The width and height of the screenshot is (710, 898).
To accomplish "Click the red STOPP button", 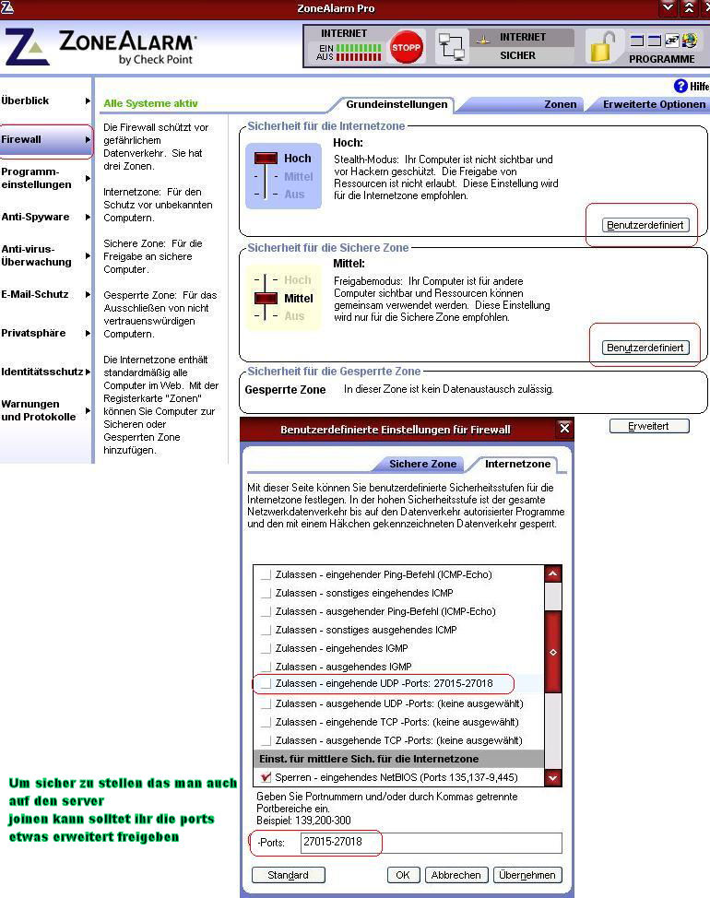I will tap(406, 46).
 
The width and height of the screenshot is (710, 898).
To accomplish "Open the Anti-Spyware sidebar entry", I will tap(37, 218).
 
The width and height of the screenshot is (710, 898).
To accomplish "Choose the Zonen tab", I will tap(560, 104).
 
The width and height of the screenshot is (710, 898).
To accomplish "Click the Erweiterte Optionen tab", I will tap(654, 104).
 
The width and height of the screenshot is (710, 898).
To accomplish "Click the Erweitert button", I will tap(649, 426).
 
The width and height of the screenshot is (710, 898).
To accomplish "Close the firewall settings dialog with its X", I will tap(564, 429).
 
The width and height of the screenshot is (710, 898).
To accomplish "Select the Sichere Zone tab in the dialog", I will tap(422, 464).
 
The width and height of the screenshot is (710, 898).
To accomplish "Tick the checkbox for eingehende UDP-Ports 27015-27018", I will tap(266, 684).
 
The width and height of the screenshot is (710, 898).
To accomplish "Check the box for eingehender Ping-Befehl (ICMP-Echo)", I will tap(266, 574).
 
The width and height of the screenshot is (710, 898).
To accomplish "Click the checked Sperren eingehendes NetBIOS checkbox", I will tap(266, 777).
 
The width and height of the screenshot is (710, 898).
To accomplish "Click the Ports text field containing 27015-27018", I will tap(430, 843).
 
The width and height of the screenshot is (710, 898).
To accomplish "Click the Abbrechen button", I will tap(455, 875).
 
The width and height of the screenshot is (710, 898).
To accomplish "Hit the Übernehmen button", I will tap(527, 875).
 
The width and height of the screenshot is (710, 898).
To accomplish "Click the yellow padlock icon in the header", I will tap(602, 46).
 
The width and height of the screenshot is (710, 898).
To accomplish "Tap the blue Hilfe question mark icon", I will tap(680, 86).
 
